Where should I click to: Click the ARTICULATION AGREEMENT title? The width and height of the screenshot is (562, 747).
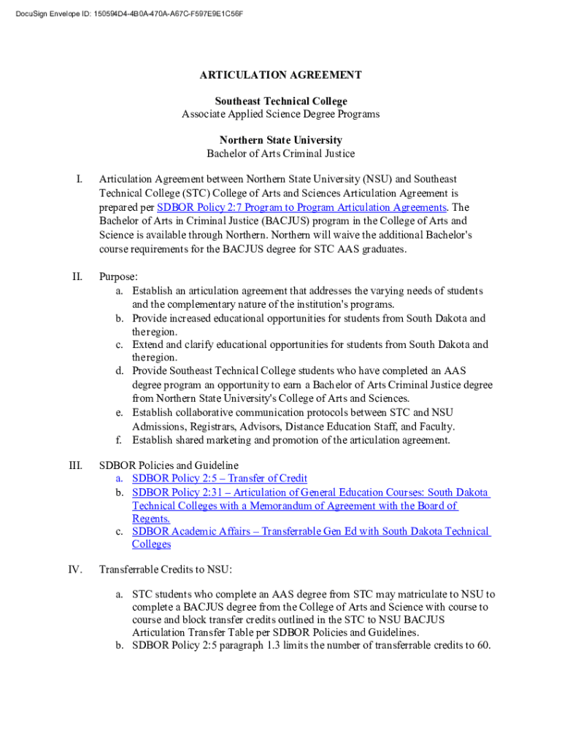(281, 75)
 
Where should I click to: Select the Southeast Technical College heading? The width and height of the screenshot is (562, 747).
(281, 101)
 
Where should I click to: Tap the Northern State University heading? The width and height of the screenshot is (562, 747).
(281, 140)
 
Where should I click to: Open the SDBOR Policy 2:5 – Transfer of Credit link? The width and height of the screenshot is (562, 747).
(220, 479)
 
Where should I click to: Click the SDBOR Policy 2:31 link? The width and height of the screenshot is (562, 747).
(310, 492)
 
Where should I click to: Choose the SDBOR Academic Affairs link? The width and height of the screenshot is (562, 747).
(310, 532)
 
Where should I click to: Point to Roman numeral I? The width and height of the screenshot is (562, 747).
(78, 179)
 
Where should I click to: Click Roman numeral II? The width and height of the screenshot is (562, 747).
(77, 276)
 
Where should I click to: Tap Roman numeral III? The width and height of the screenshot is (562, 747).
(76, 465)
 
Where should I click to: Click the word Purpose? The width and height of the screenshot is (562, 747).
(119, 277)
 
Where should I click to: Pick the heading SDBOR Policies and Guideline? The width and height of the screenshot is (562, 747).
(169, 465)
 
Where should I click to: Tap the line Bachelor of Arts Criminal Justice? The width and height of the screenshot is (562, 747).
(281, 154)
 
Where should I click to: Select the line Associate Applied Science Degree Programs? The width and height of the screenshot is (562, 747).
(281, 115)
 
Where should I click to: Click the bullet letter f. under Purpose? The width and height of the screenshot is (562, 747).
(118, 440)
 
